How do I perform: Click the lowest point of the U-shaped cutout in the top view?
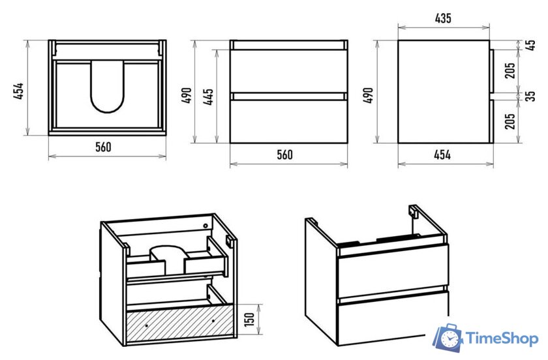(x=107, y=113)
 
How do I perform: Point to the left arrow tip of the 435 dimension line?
(x=399, y=27)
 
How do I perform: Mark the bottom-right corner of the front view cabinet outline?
(x=347, y=143)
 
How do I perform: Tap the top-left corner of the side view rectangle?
(x=399, y=40)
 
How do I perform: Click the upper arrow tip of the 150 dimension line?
(x=259, y=305)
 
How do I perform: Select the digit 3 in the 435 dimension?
(x=443, y=18)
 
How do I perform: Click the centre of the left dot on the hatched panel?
(x=146, y=325)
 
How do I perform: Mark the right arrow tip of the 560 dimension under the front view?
(x=347, y=163)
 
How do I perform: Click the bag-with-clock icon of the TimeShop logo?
(x=448, y=338)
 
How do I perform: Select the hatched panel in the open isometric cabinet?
(x=180, y=322)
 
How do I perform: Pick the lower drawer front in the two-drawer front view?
(x=288, y=121)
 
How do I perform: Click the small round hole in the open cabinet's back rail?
(x=205, y=226)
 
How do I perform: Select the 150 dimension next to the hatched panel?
(x=249, y=320)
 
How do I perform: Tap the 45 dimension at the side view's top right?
(x=531, y=45)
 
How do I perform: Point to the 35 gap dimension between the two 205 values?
(x=531, y=96)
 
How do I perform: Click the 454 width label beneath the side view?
(x=442, y=155)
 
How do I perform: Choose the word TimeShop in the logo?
(x=502, y=338)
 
